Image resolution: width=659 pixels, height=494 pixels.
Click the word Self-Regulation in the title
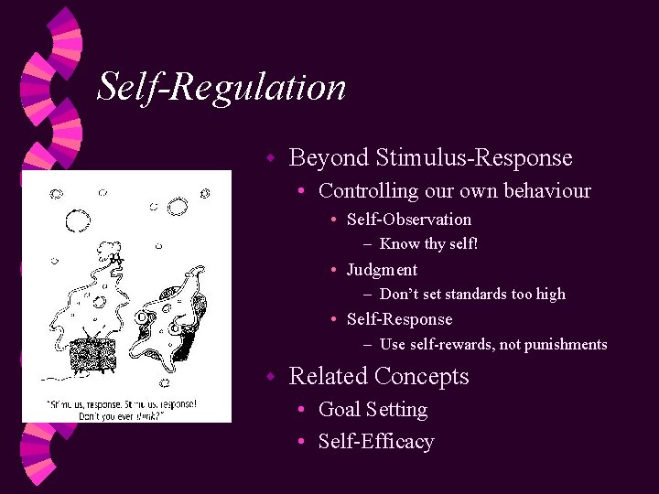point(221,87)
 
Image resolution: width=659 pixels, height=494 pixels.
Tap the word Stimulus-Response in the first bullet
point(473,158)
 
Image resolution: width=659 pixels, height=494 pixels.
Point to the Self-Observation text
point(409,220)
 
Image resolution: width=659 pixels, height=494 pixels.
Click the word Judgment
point(382,270)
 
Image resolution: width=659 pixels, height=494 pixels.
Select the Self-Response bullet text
point(399,319)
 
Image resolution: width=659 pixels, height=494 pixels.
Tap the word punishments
point(563,345)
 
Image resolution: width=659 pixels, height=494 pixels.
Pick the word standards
point(463,295)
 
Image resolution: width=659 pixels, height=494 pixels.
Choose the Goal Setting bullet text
point(373,410)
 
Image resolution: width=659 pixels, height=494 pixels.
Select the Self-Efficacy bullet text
point(376,442)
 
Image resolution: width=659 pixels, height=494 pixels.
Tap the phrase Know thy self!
point(428,244)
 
